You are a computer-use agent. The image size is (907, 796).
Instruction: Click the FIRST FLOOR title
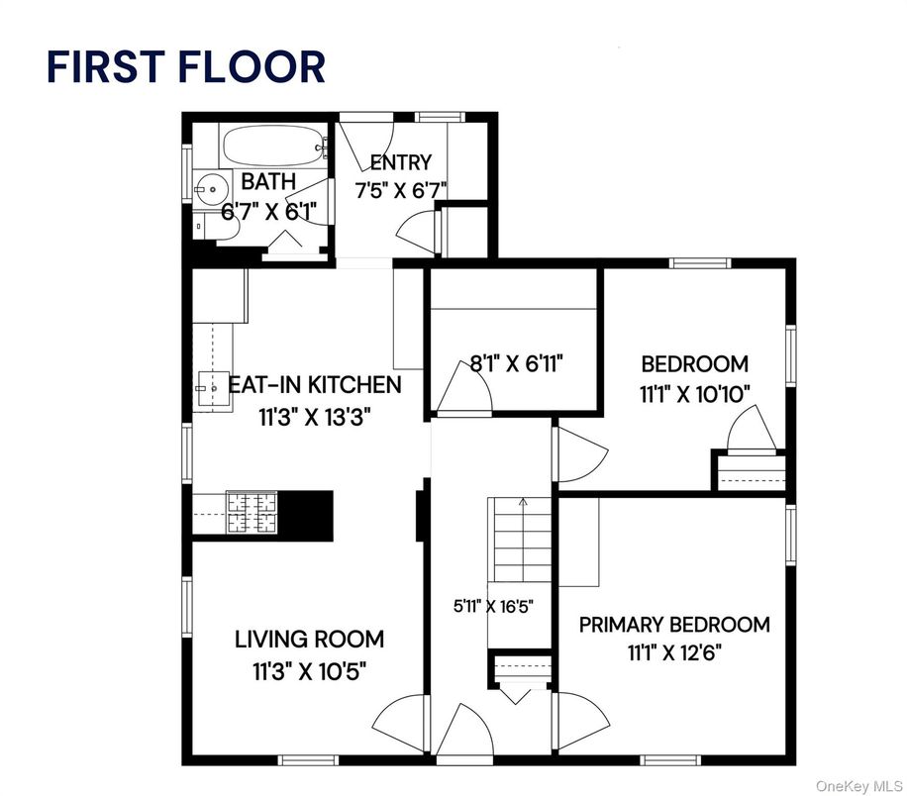coord(185,66)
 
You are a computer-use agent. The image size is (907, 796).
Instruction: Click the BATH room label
coord(268,181)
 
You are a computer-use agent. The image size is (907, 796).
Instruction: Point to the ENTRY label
coord(400,162)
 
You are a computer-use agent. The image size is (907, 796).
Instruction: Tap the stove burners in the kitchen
coord(255,513)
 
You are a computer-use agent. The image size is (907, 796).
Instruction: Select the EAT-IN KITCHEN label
coord(315,384)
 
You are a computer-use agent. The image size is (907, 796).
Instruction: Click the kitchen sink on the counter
coord(210,387)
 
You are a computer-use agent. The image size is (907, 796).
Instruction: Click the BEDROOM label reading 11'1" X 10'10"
coord(694,363)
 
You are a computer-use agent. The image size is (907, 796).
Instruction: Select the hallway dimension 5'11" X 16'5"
coord(493,607)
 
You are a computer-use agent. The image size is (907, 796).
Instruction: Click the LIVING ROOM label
coord(309,639)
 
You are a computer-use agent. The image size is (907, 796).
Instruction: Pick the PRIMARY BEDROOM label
coord(674,625)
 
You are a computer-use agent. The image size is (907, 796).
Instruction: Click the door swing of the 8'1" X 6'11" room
coord(463,386)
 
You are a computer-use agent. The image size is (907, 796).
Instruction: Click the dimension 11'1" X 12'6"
coord(674,652)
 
